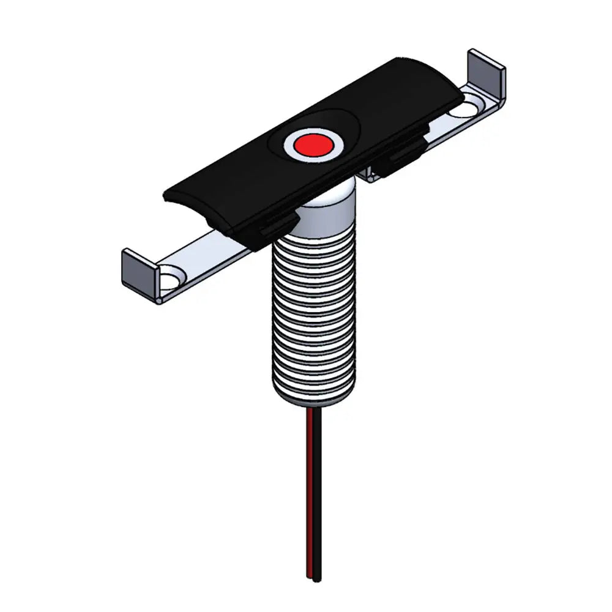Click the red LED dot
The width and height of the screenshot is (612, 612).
(312, 144)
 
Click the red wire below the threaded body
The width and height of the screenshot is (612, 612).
(315, 490)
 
